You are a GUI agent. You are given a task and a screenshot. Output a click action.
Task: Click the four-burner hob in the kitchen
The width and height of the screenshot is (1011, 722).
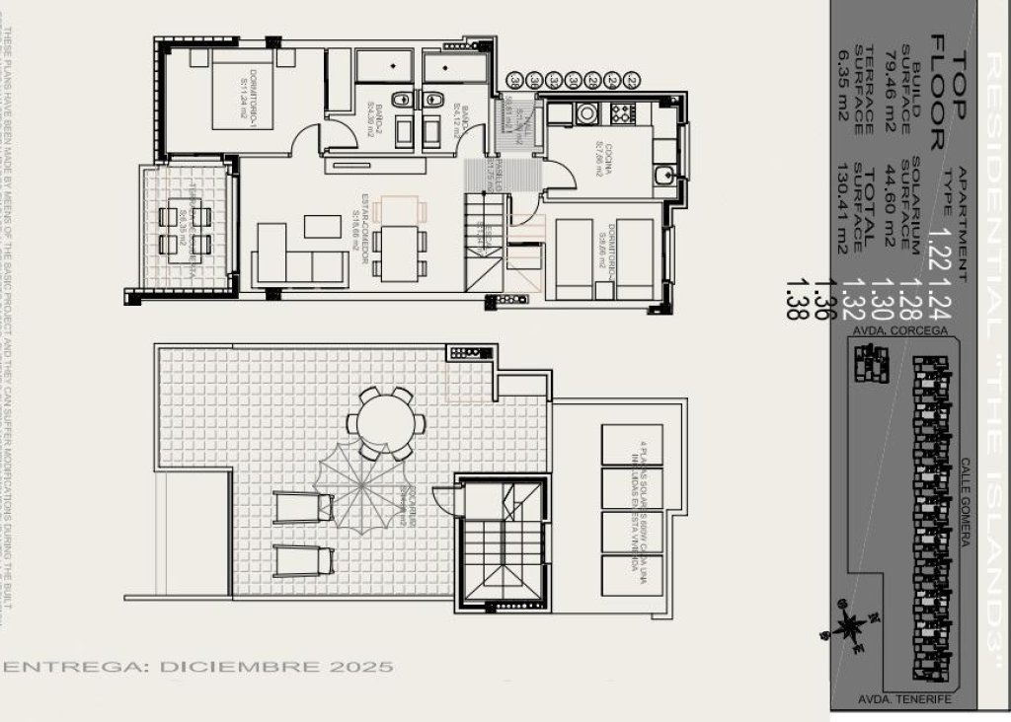click(622, 113)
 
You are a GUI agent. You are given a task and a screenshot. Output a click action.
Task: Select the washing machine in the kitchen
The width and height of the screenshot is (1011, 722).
click(586, 113)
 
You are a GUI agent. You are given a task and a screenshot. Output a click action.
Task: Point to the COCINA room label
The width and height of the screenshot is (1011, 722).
click(598, 158)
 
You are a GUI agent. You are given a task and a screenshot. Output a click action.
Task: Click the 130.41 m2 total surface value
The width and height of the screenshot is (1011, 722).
click(842, 210)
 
